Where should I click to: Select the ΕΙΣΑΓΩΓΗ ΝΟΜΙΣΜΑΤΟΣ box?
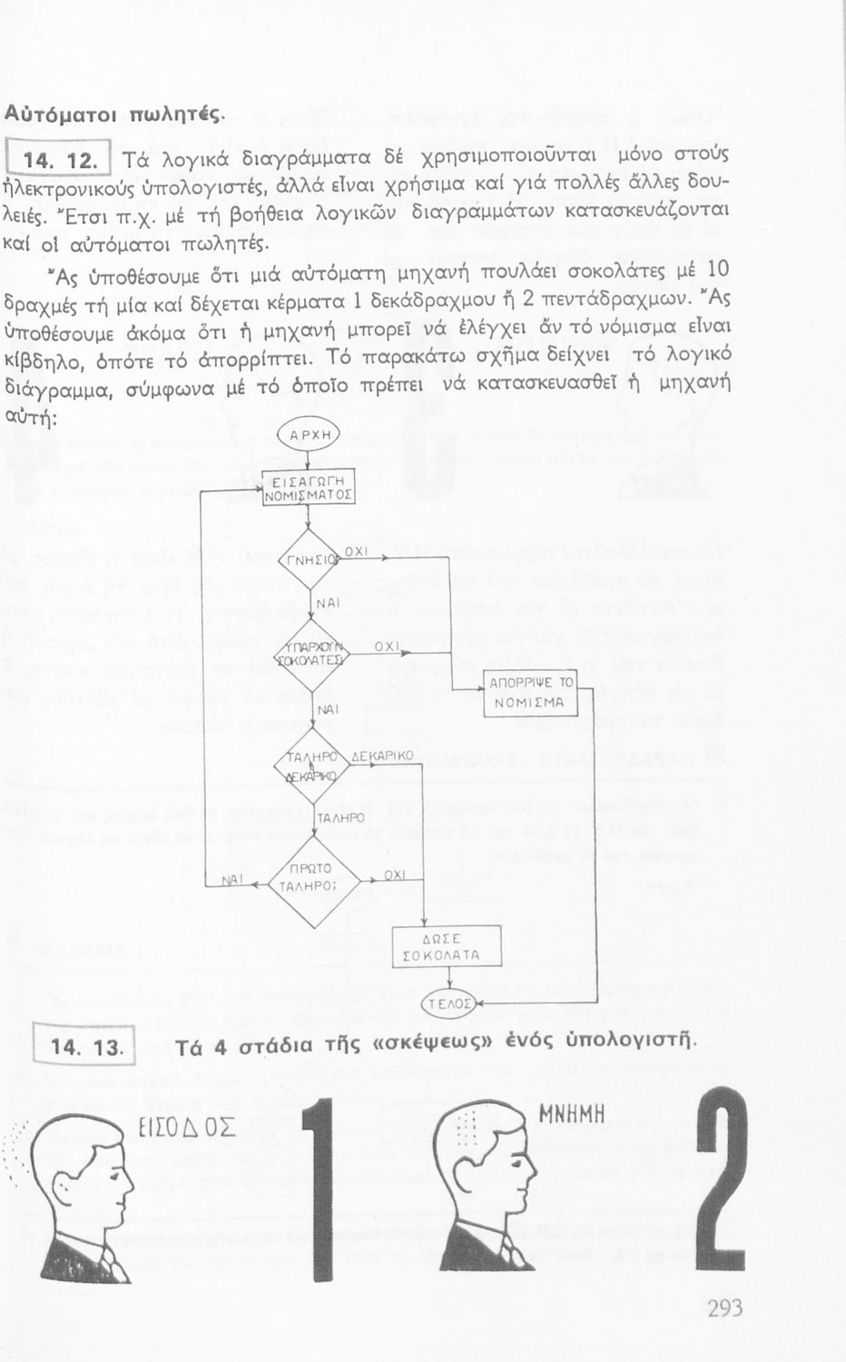308,488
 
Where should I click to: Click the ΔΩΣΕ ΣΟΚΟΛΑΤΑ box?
446,947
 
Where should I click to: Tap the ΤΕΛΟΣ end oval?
451,1003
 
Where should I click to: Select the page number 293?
723,1308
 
